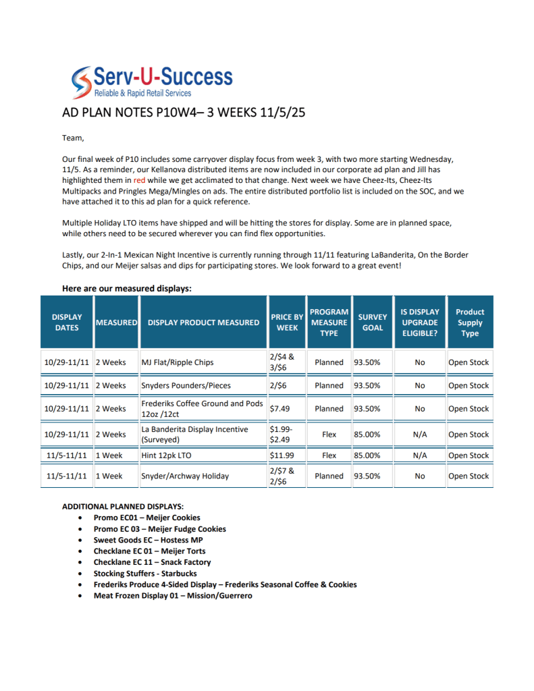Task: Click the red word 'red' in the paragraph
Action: click(139, 181)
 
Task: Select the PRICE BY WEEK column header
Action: click(286, 322)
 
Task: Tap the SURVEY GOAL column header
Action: click(372, 322)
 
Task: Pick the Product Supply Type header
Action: click(469, 322)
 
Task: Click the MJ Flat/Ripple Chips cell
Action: click(177, 362)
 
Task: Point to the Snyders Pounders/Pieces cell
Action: click(186, 385)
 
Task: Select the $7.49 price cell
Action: click(279, 408)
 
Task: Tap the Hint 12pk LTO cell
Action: click(166, 455)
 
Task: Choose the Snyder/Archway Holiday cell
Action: click(184, 476)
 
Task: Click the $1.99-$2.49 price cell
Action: click(282, 435)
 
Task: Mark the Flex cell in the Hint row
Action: click(329, 455)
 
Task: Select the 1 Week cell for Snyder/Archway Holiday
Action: click(109, 476)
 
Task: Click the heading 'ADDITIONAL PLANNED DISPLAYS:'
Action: click(123, 506)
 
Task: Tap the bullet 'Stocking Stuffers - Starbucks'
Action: click(145, 574)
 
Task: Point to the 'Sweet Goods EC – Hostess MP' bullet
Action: click(148, 540)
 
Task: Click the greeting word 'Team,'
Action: click(74, 138)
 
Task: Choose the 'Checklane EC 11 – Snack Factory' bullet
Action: click(152, 562)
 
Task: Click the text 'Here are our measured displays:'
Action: click(126, 288)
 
